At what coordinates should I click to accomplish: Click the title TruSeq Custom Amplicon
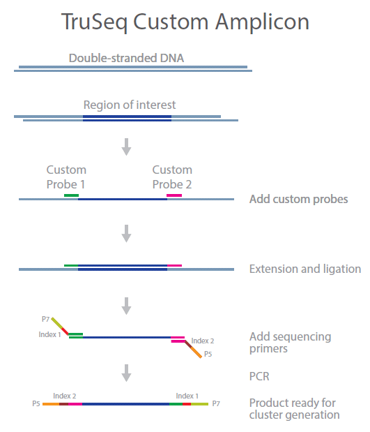point(185,22)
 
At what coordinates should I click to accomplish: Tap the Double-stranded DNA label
point(126,58)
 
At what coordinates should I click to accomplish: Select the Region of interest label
point(130,105)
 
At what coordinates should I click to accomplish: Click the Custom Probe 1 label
point(66,177)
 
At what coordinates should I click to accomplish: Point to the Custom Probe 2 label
point(172,177)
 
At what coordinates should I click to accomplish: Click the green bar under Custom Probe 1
point(71,195)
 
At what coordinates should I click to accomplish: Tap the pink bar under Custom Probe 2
point(174,195)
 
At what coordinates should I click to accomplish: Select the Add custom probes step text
point(298,199)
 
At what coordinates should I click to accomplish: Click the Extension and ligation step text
point(305,269)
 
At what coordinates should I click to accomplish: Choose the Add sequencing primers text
point(291,343)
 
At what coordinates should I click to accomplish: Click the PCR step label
point(259,376)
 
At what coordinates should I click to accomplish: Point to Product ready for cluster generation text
point(294,409)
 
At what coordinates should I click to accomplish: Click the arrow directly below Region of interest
point(126,147)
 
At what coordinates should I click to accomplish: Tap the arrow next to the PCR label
point(126,373)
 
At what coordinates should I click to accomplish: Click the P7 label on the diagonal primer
point(45,319)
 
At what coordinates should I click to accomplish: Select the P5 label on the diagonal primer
point(208,354)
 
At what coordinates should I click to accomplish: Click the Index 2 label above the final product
point(64,396)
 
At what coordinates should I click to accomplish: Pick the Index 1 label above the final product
point(187,396)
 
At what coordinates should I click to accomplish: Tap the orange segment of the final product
point(51,404)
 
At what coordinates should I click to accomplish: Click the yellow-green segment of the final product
point(200,404)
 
